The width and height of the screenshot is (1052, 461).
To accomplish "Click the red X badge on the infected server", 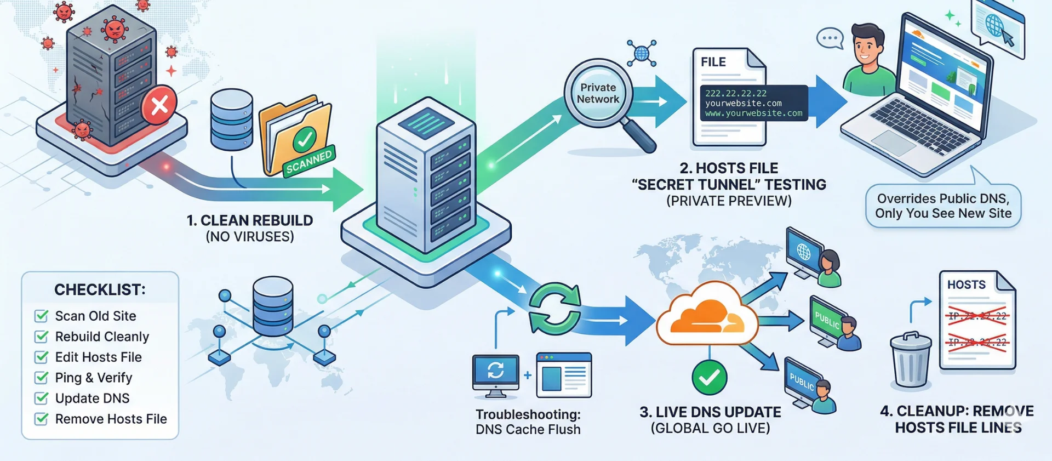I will point(159,105).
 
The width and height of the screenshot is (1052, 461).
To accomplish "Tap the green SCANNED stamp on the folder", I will point(308,161).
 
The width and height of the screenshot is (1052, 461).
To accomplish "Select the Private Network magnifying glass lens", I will point(598,94).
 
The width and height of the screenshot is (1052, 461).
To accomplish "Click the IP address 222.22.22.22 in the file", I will point(735,93).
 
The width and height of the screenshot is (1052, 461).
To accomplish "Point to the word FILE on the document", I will point(713,62).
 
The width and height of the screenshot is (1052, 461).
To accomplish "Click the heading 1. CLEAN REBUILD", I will point(249,220).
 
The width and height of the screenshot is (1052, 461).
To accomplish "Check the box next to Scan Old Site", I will point(41,316).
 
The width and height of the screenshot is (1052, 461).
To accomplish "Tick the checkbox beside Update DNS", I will point(41,399).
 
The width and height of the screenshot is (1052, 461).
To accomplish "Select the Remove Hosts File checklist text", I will point(111,419).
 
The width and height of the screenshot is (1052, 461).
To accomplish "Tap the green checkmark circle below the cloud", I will point(709,377).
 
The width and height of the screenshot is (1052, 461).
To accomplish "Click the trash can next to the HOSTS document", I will point(910,360).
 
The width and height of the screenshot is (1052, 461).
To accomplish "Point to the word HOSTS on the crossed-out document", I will point(966,285).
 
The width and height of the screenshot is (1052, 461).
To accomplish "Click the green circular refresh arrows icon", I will point(554,309).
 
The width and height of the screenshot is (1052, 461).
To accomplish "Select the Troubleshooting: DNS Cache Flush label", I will point(528,422).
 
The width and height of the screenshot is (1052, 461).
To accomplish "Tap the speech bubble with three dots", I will point(829,38).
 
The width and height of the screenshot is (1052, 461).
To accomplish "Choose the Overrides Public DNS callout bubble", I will point(943,206).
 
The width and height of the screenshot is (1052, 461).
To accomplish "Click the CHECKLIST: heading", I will point(100,289).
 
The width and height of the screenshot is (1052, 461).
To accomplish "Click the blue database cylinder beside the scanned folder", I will point(232,120).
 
